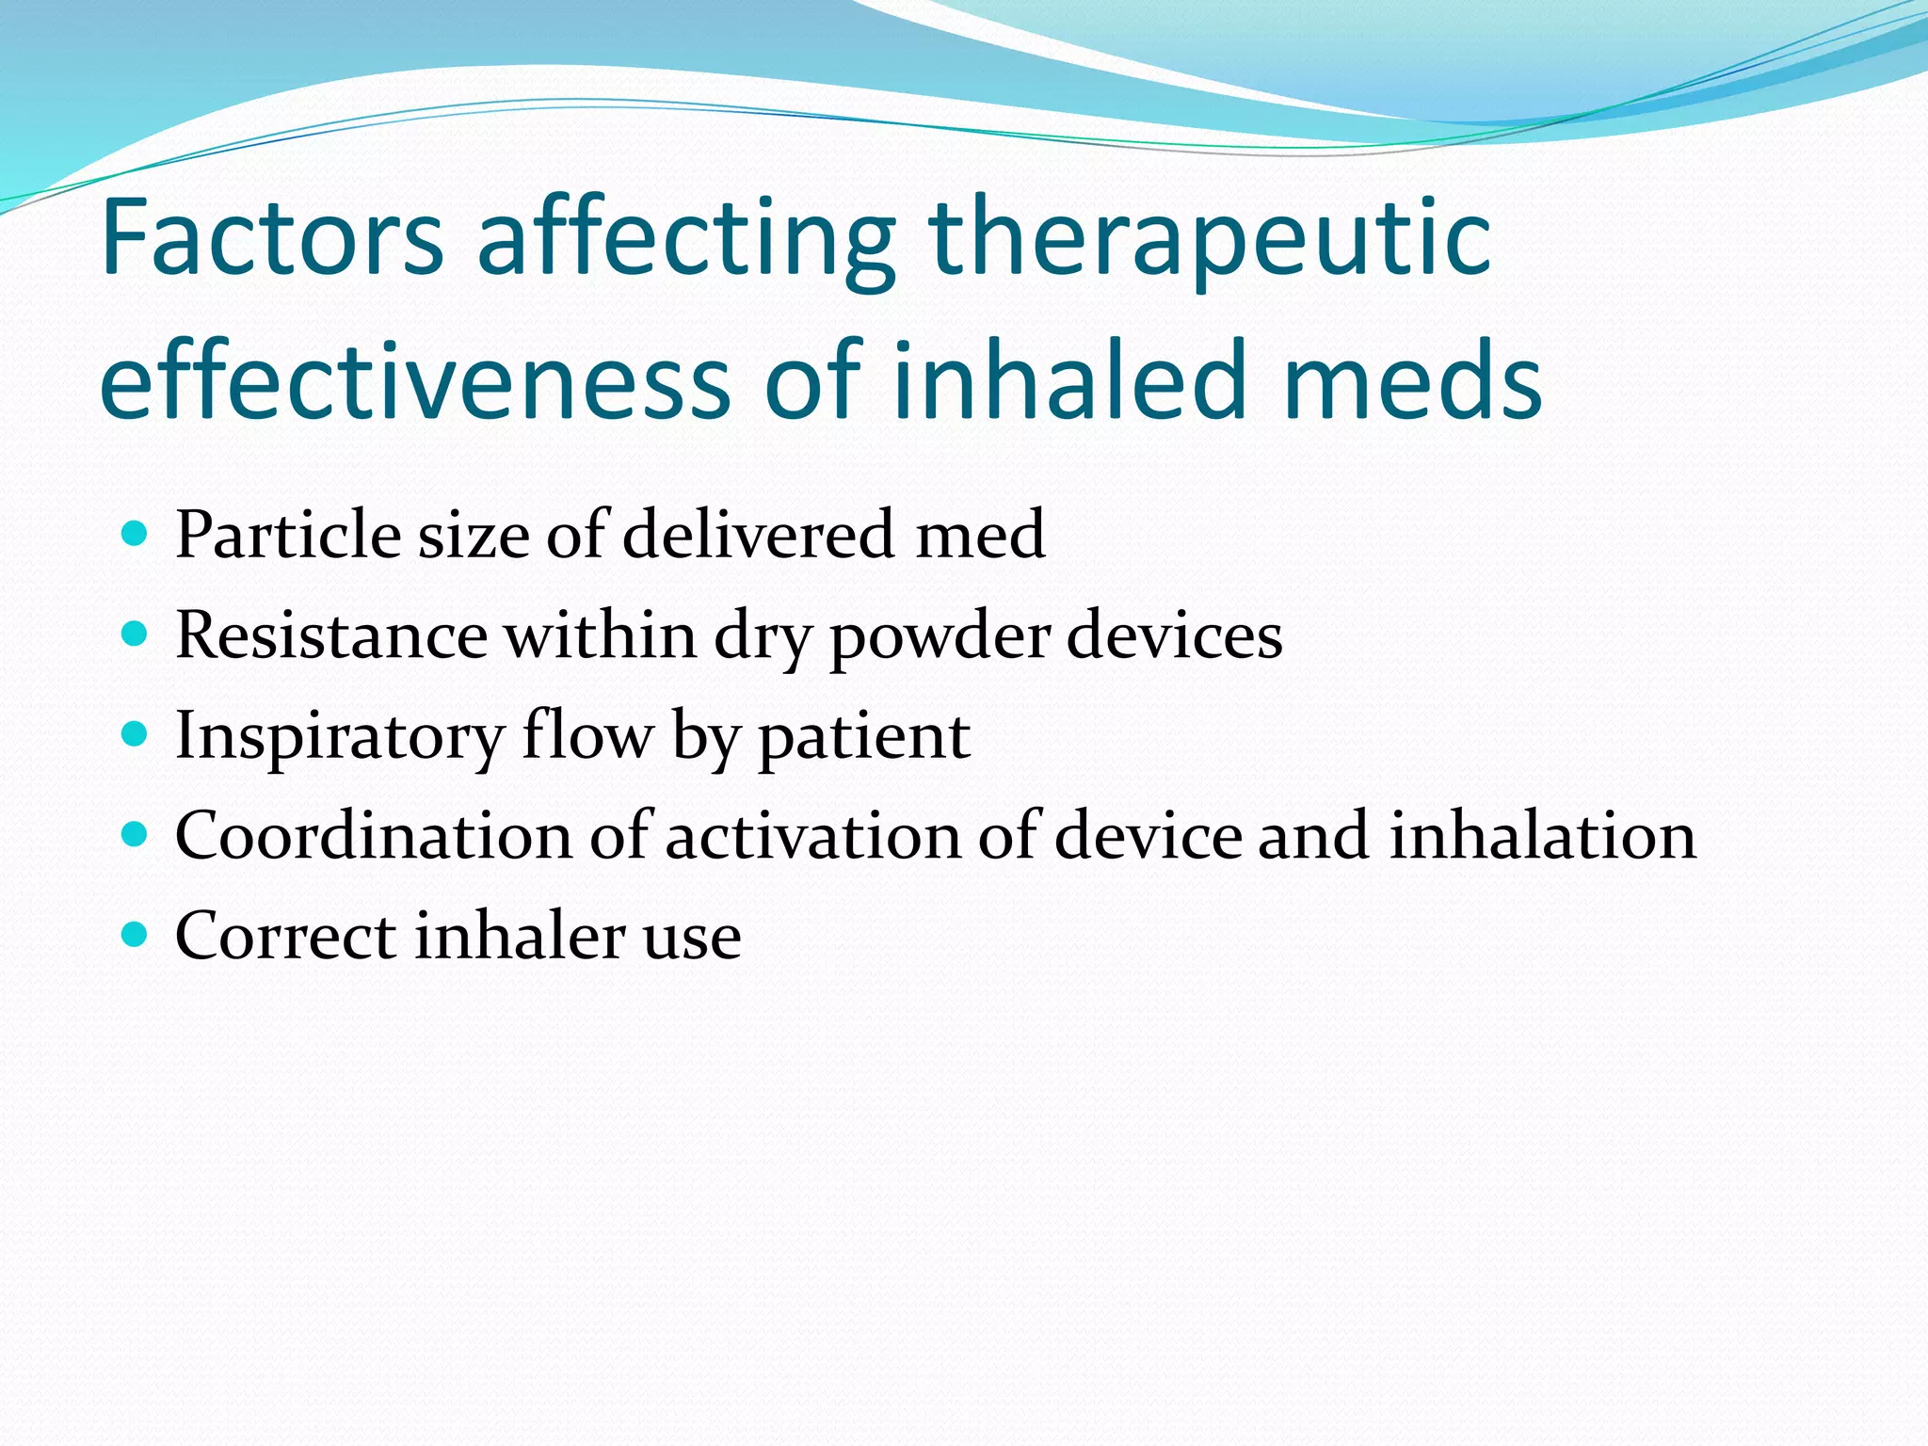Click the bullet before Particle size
(136, 535)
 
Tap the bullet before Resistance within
(136, 635)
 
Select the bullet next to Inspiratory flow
(136, 734)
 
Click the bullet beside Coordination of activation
(136, 834)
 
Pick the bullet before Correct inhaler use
(136, 935)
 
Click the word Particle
(288, 535)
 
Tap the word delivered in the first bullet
(759, 535)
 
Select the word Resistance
(331, 635)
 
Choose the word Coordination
(374, 835)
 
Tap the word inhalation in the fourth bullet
(1543, 835)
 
